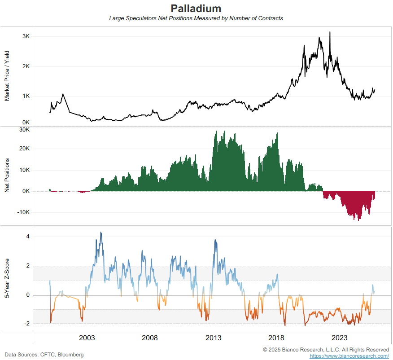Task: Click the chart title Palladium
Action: [196, 9]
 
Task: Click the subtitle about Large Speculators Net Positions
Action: [196, 18]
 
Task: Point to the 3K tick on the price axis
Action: [26, 36]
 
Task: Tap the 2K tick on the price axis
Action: [26, 66]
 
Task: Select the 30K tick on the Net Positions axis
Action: [24, 130]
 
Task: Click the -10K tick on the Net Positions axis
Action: [23, 212]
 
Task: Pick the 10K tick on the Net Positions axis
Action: [24, 170]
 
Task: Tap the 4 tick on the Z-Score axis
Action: [27, 237]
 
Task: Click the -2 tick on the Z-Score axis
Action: [26, 324]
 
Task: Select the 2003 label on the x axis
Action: [87, 338]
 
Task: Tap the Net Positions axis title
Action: [7, 175]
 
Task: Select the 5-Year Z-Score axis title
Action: [7, 279]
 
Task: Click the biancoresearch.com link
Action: [349, 356]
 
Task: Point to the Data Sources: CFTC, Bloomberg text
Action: [44, 355]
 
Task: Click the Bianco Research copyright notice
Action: [326, 349]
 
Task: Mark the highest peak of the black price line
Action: [330, 32]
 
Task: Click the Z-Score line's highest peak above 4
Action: [100, 233]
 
